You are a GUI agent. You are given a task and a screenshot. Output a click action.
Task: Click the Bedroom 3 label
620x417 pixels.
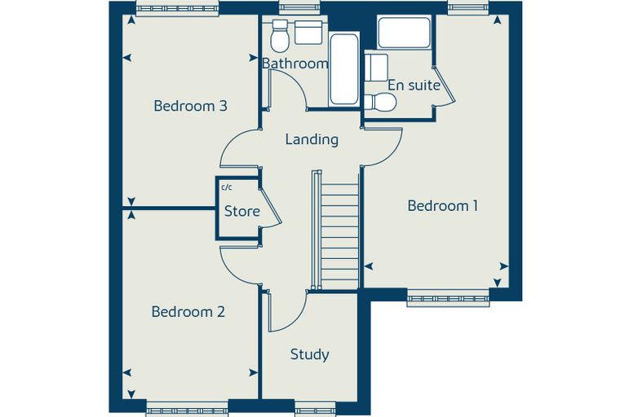point(191,106)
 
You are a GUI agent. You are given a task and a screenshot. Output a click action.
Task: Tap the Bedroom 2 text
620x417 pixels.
point(188,312)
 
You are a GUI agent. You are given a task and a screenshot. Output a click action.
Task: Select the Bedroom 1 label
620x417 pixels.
point(443,206)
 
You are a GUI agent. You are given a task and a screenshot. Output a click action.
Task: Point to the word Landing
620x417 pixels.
point(312,140)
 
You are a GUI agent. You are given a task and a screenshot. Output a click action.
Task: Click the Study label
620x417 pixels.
point(310,354)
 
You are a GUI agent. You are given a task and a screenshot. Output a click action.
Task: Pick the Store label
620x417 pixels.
point(242,211)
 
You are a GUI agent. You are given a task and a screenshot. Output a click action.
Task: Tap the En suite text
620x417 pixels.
point(414,86)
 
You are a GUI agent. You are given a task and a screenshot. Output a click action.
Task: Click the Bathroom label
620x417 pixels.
point(295,64)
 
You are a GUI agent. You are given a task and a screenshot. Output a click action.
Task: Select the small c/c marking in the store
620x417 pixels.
point(227,187)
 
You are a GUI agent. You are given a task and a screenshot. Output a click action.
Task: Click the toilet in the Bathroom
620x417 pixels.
point(280,37)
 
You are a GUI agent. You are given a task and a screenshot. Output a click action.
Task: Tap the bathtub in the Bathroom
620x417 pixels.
point(344,69)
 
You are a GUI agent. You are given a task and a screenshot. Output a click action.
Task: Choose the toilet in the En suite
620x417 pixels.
point(380,103)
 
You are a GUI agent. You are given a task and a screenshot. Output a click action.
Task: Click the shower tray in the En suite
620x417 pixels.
point(404,33)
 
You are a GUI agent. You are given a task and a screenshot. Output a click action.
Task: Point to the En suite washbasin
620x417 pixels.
point(376,68)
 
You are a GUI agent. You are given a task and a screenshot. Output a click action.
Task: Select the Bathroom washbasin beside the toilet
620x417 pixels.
point(309,33)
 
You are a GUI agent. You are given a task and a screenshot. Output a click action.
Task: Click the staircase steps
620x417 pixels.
point(339,236)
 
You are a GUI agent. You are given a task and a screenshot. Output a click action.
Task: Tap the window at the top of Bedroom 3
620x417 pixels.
point(178,8)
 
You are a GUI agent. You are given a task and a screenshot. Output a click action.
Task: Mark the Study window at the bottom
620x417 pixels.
point(315,409)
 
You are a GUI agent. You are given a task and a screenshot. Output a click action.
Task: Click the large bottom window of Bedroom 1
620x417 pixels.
point(449,298)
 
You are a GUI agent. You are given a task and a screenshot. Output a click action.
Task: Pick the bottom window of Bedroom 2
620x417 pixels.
point(188,409)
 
